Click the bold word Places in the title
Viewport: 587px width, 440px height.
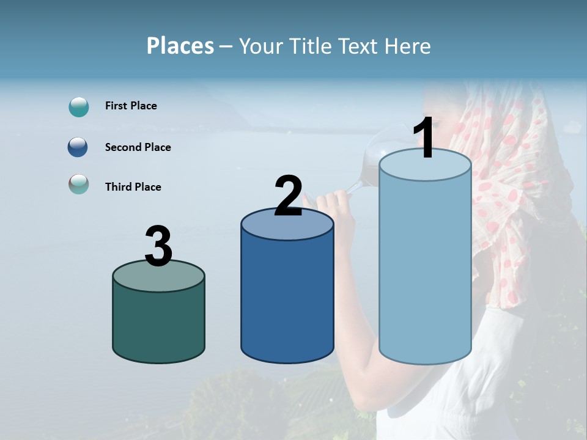click(x=180, y=46)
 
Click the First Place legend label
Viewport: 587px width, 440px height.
click(x=131, y=106)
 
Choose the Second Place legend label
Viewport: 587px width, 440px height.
click(x=138, y=147)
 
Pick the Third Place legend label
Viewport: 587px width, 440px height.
click(x=133, y=187)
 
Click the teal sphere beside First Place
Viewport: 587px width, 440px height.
click(x=79, y=107)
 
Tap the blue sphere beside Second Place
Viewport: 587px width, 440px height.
click(x=79, y=147)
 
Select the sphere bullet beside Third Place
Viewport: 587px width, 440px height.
click(x=79, y=184)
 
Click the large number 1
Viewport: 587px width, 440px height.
click(x=424, y=139)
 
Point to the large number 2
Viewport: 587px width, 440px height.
click(x=288, y=196)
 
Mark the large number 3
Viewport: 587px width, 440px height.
click(x=158, y=246)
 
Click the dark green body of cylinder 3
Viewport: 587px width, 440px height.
click(x=158, y=324)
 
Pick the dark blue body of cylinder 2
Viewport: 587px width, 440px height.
click(x=287, y=299)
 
